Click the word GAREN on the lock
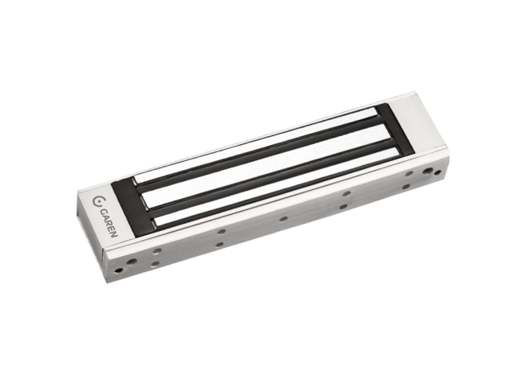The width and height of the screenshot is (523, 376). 109,223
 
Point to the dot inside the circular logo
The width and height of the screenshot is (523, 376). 100,201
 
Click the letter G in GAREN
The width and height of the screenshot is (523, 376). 104,213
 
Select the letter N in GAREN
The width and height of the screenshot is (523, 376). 114,233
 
